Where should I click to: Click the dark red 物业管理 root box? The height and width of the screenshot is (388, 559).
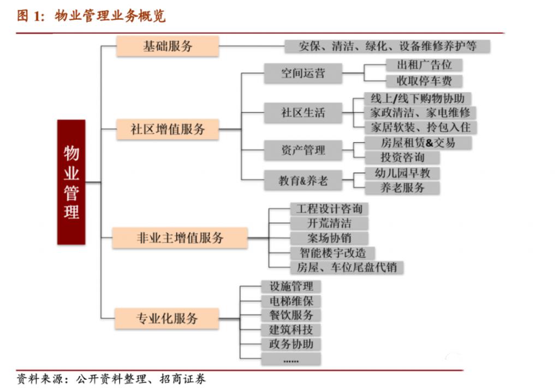click(x=72, y=181)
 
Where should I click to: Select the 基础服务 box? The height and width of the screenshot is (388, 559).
click(x=168, y=46)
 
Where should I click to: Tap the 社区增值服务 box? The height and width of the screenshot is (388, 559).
click(x=168, y=129)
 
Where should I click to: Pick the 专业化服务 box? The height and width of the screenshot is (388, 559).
click(x=166, y=318)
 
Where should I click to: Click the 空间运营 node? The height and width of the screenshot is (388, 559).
click(x=303, y=73)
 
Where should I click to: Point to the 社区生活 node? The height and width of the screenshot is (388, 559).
click(x=303, y=113)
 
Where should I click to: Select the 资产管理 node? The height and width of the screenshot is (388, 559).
click(x=303, y=150)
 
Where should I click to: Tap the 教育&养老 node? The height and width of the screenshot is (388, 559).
click(x=303, y=181)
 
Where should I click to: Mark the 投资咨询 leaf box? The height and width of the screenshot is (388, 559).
click(x=402, y=157)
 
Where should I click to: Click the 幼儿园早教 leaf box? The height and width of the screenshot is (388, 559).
click(x=402, y=173)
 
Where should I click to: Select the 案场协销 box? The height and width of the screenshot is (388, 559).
click(x=329, y=238)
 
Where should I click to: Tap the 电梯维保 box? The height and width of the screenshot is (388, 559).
click(x=291, y=301)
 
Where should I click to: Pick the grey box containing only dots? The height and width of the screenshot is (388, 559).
click(x=291, y=360)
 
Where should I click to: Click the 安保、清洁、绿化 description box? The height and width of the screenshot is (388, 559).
click(x=387, y=46)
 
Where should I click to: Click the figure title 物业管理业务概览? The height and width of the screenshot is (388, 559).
click(x=110, y=16)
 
